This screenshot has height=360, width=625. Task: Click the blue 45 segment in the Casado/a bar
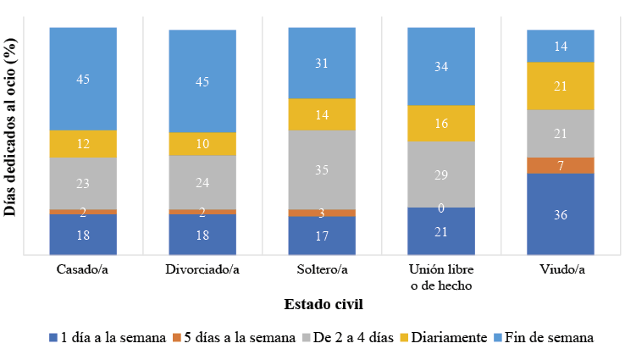point(83,79)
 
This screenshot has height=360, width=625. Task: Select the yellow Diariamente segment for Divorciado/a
point(202,144)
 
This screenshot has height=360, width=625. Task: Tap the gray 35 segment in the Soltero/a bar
point(322,169)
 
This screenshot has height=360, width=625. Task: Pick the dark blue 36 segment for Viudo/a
point(560,214)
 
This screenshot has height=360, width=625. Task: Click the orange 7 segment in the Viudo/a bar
point(560,165)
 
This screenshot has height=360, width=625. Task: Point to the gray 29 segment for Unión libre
point(440,174)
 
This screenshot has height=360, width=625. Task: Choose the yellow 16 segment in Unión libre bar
point(440,123)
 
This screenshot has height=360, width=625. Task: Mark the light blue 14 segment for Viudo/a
point(560,47)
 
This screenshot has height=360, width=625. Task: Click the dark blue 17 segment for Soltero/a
point(322,235)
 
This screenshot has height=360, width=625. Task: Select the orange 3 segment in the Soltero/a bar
point(322,213)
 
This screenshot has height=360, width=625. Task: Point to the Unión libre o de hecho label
point(440,277)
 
